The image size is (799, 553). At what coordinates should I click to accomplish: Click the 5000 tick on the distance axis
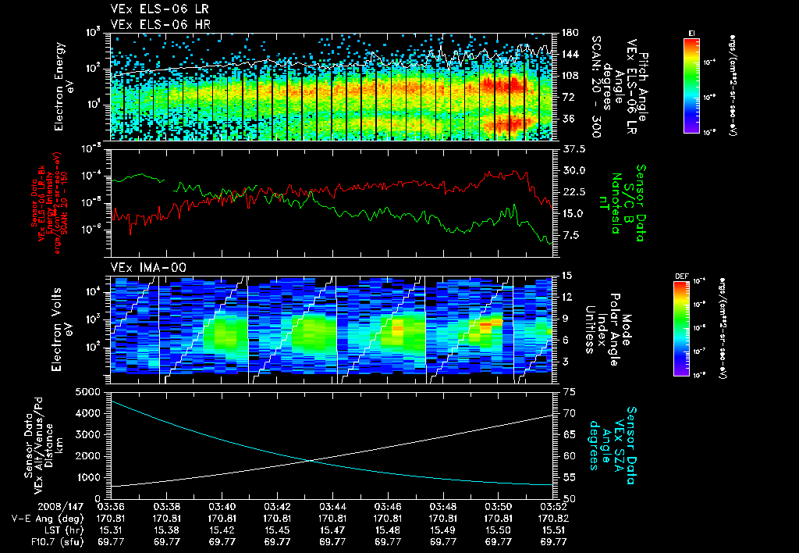point(92,391)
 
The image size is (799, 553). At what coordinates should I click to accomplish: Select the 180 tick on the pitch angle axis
point(568,33)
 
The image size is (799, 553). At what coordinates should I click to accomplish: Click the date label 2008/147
point(32,506)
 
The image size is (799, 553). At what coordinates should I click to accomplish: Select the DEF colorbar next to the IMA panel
point(680,328)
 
